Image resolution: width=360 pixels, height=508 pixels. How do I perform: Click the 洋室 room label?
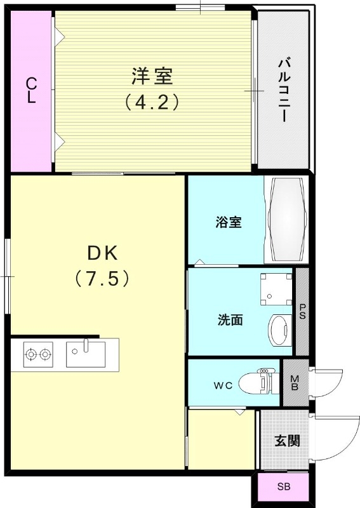pyautogui.click(x=152, y=76)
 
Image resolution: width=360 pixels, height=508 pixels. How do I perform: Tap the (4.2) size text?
pyautogui.click(x=152, y=102)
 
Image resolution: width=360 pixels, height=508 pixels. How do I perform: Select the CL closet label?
pyautogui.click(x=30, y=90)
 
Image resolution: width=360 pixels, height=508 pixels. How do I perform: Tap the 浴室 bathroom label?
pyautogui.click(x=228, y=222)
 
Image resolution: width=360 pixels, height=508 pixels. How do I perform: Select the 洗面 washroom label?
pyautogui.click(x=230, y=320)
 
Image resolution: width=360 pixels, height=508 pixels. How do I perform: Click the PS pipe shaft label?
pyautogui.click(x=302, y=311)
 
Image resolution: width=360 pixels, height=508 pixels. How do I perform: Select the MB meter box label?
pyautogui.click(x=295, y=384)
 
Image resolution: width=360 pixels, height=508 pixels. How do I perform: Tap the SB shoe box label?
pyautogui.click(x=283, y=488)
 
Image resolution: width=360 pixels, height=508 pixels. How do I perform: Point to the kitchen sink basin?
pyautogui.click(x=86, y=354)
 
